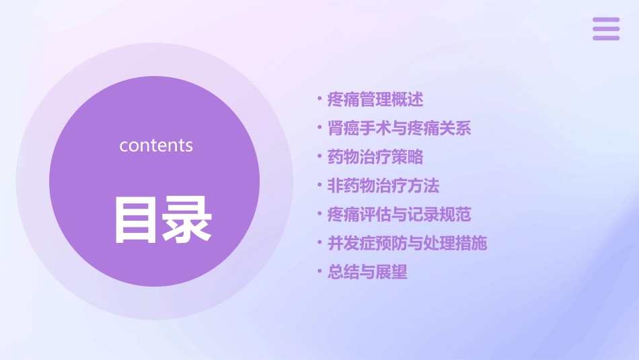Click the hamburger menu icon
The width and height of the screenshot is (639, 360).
point(605,29)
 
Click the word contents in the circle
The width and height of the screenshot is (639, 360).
point(156,145)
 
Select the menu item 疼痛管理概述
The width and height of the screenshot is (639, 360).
point(375,100)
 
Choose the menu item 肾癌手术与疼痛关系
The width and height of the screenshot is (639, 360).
point(400,129)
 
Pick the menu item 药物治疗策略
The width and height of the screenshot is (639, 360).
point(375,157)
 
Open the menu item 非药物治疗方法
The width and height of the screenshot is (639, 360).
point(383,186)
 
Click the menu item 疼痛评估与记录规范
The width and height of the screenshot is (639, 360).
point(400,215)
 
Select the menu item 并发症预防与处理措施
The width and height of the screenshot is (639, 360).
point(408,243)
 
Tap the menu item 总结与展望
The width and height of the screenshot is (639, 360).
point(367,272)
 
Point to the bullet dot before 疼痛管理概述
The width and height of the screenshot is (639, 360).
point(320,100)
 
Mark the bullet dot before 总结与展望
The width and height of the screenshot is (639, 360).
point(320,273)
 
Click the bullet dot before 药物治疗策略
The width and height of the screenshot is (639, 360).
point(320,157)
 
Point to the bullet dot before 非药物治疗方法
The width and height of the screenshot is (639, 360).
point(320,186)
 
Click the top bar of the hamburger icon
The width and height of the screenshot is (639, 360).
point(605,20)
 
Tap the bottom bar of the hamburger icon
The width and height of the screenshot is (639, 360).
point(605,38)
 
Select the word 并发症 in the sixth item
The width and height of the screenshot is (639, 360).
point(351,243)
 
